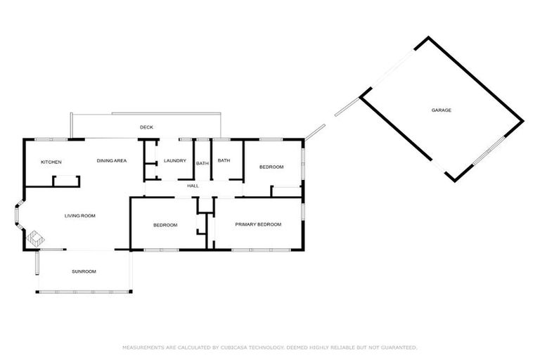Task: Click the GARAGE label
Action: click(x=442, y=110)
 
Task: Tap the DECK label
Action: click(x=146, y=127)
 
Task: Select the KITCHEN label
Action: click(x=51, y=162)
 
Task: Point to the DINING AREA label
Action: click(x=112, y=161)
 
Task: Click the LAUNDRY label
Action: click(x=175, y=161)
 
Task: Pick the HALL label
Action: click(x=193, y=186)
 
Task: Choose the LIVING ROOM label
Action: click(x=80, y=216)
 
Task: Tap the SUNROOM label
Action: click(x=84, y=271)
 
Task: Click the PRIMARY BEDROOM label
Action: click(x=258, y=224)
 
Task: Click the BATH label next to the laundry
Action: click(x=202, y=164)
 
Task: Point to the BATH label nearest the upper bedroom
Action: click(x=224, y=161)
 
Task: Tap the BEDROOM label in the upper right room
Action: click(x=271, y=167)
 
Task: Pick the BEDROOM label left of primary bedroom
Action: click(x=165, y=225)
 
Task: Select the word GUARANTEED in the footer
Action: click(x=398, y=347)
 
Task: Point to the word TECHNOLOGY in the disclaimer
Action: click(x=264, y=347)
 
